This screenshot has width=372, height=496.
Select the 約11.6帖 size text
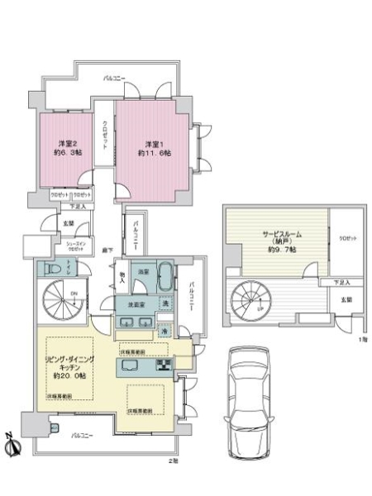pos(155,154)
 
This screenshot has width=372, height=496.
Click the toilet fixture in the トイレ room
pos(47,269)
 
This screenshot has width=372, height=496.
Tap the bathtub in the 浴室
pos(165,272)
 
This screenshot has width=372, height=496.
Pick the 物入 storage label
pos(122,276)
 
